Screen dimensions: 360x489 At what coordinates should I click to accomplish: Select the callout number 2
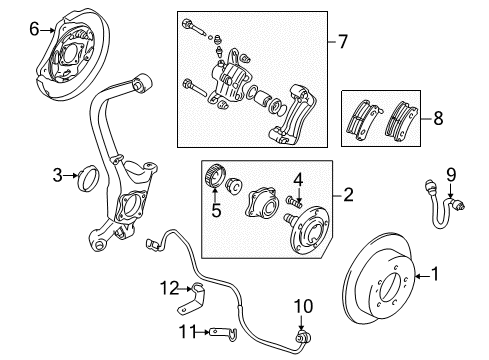pos(348,196)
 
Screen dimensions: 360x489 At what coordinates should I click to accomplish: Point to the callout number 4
pos(297,180)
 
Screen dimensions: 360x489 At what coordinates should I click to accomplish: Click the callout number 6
pos(34,31)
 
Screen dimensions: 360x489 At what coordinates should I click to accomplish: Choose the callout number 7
pos(343,43)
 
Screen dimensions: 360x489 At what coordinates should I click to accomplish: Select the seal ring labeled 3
pos(87,179)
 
